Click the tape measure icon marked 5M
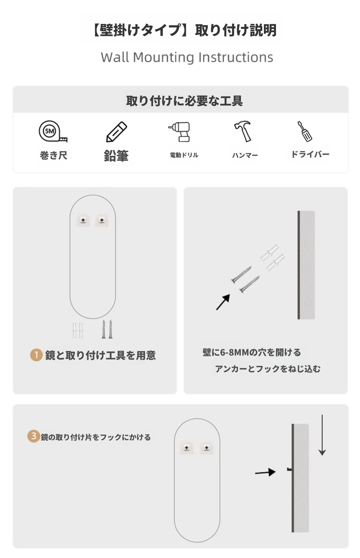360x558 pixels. tap(53, 132)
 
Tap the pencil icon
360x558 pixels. tap(116, 132)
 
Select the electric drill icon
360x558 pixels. tap(179, 132)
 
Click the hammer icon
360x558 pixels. tap(243, 131)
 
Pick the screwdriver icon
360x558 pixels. tap(305, 131)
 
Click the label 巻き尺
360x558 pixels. tap(54, 155)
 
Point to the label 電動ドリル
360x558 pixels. tap(184, 155)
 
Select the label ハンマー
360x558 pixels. tap(245, 155)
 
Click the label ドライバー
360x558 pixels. tap(310, 154)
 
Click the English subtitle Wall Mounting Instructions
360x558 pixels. tap(187, 57)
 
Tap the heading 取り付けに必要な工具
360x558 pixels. tap(184, 101)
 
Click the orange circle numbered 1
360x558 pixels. tap(36, 355)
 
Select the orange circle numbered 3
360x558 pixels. tap(33, 436)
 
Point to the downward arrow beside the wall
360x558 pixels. tap(322, 435)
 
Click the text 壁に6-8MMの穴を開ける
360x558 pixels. tap(252, 352)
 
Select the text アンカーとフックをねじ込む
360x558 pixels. tap(268, 369)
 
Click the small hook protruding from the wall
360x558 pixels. tap(289, 469)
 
